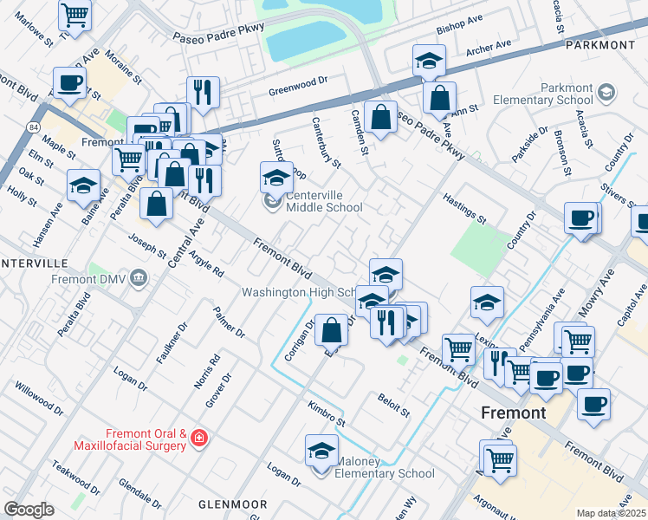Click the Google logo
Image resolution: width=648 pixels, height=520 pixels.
[29, 510]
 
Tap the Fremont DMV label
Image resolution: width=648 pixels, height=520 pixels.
[88, 280]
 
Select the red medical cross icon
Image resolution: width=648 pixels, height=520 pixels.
[200, 439]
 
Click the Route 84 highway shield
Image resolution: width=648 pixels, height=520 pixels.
[33, 127]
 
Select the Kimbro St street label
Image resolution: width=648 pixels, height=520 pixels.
[327, 413]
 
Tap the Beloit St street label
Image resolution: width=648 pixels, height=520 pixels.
[393, 403]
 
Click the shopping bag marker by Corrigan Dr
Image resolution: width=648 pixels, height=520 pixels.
[332, 329]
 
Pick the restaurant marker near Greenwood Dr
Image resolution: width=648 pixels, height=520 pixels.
[203, 92]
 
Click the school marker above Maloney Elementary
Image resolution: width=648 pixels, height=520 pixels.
[321, 452]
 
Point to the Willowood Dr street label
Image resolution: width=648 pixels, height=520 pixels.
[39, 395]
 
